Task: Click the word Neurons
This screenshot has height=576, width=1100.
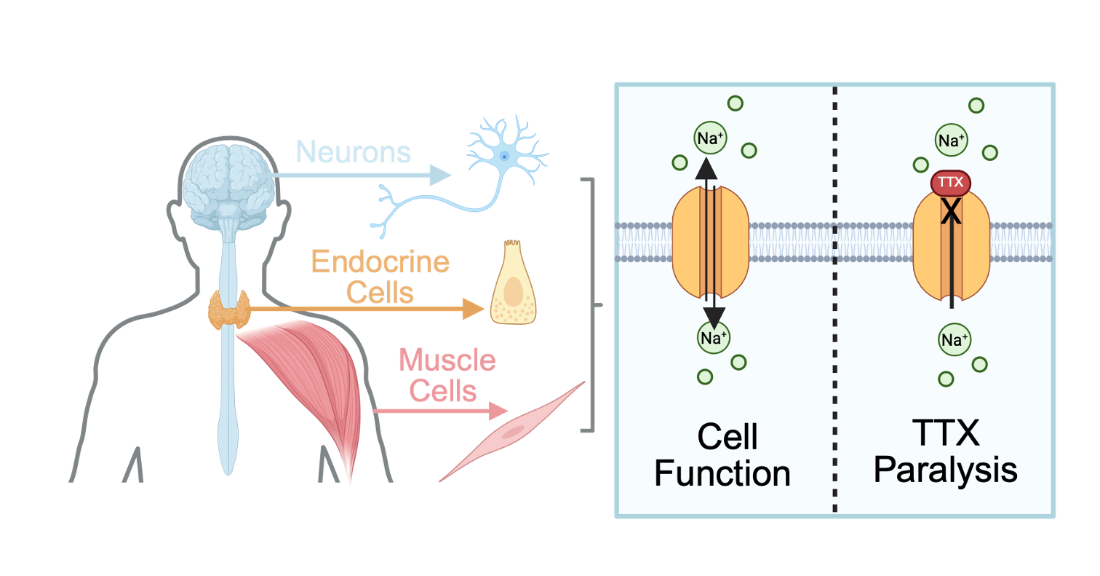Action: pos(354,152)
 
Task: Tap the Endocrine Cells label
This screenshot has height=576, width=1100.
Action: pos(380,277)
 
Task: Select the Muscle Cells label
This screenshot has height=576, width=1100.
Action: pos(446,375)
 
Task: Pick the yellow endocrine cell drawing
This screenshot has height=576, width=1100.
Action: pos(514,284)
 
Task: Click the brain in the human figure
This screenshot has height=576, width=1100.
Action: pos(227,178)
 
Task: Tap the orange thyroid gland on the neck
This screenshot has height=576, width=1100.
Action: pos(228,310)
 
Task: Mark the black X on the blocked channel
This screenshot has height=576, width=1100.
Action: pos(951,211)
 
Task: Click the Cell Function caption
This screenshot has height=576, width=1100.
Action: pos(722,455)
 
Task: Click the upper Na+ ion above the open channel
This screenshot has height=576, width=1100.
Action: pos(709,139)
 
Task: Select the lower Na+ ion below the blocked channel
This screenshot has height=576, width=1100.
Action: pos(953,339)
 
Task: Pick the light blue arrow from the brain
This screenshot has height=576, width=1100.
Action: pos(364,175)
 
